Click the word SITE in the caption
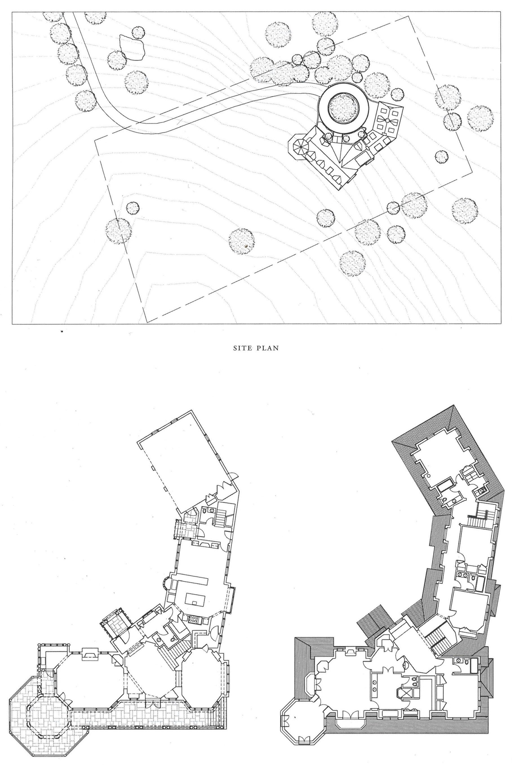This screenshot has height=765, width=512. pos(241,348)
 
